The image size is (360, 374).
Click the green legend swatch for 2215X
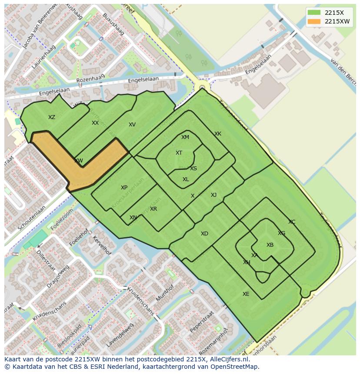(x=313, y=13)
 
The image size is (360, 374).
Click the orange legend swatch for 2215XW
(x=313, y=21)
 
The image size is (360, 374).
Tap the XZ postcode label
(x=52, y=117)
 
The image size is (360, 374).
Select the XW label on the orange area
(x=78, y=161)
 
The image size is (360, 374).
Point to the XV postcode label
(x=132, y=125)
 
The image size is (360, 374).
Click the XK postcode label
(x=218, y=134)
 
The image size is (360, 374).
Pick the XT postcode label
(x=179, y=153)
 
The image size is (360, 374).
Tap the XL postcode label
(x=186, y=179)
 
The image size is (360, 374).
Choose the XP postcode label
(x=124, y=188)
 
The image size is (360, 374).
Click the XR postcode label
(x=153, y=209)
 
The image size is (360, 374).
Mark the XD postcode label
(x=204, y=234)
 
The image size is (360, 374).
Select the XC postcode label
(x=292, y=222)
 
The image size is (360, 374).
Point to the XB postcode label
(x=270, y=245)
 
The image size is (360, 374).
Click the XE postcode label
(x=246, y=294)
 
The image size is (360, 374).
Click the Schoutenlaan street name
(x=32, y=218)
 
